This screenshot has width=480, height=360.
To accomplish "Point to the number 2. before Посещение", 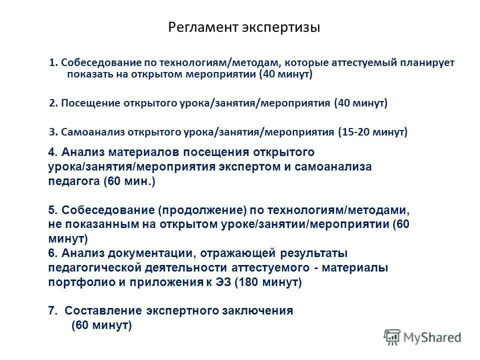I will [53, 103].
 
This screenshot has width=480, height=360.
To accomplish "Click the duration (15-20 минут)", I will [373, 132].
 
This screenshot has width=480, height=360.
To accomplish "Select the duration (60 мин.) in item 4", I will [130, 181].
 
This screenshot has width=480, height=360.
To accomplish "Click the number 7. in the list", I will [53, 310].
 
